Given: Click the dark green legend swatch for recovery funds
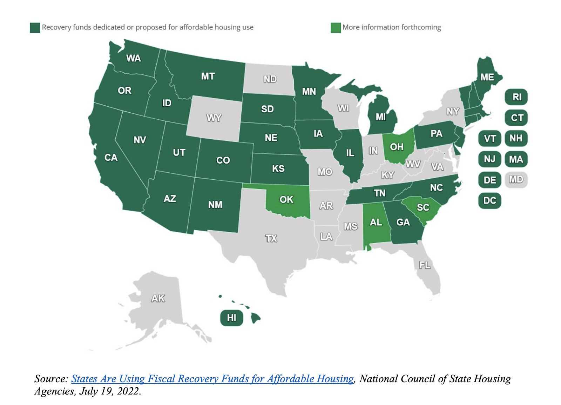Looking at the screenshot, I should point(35,27).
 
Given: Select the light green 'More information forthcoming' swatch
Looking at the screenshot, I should point(336,27).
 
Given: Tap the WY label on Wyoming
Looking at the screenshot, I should point(214,118).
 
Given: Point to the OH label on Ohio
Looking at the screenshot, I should point(397,147).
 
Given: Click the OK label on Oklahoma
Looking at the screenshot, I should point(286,199).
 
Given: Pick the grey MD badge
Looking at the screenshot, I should point(516,180).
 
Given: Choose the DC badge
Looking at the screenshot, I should point(489,200).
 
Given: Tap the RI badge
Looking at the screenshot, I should point(516,97).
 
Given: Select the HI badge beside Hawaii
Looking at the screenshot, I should point(231,318).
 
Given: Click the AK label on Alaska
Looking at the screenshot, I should point(158,298).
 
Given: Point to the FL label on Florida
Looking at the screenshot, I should point(425,265).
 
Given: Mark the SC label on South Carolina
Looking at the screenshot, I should point(423,207).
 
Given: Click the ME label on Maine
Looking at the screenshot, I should point(487,77).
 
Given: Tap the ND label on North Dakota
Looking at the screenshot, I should point(270,79).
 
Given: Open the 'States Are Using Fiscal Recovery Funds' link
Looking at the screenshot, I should point(212,379).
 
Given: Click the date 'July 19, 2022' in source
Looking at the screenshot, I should point(110,391).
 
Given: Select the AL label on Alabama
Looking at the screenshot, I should point(376,222).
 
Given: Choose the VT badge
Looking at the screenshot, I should point(489,138).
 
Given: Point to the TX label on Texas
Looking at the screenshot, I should point(271,239).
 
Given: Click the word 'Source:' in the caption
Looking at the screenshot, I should point(51,379).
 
